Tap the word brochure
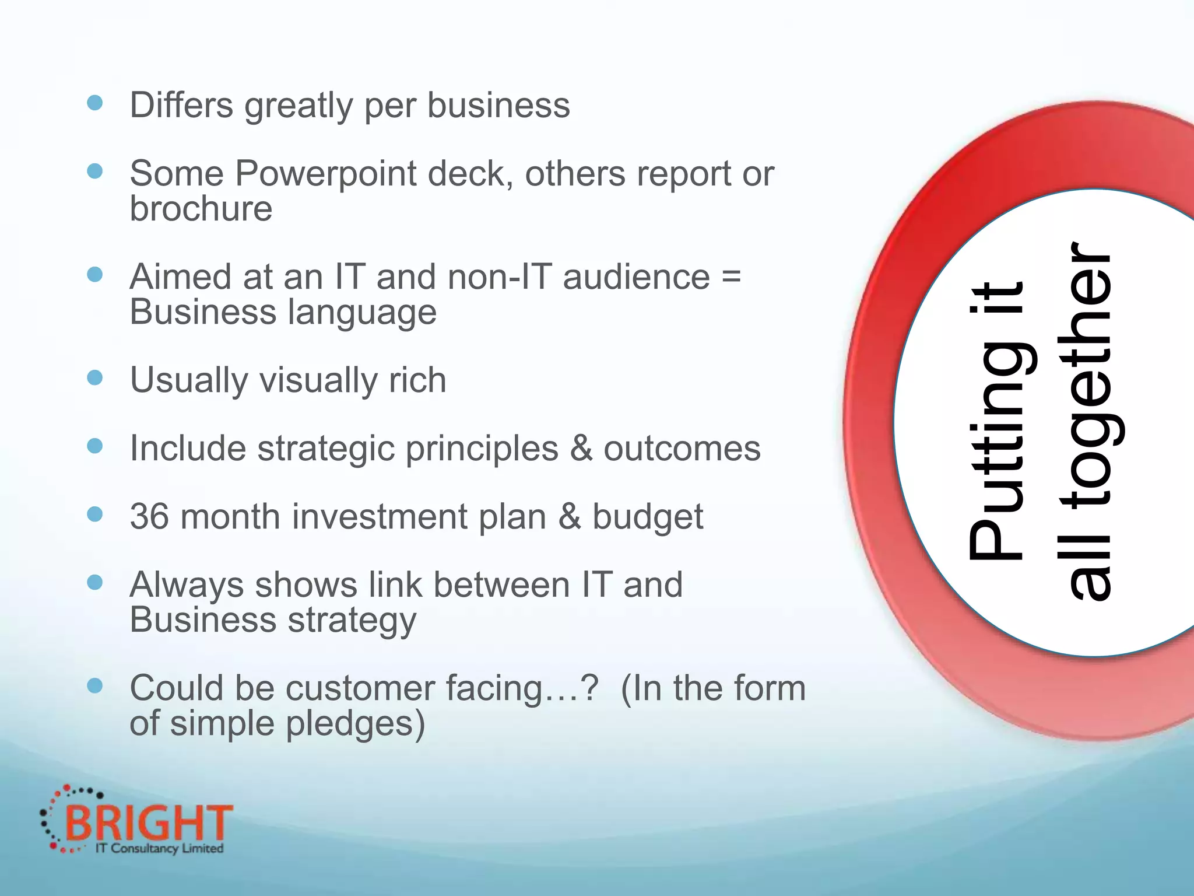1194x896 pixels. (x=201, y=209)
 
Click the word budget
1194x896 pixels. (x=647, y=517)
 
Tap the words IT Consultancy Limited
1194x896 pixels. (x=159, y=848)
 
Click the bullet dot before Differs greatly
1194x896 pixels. (x=94, y=103)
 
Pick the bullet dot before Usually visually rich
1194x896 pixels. (x=94, y=378)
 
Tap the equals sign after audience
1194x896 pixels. (x=731, y=276)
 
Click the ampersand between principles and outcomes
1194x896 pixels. (x=581, y=449)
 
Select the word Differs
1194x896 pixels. (x=181, y=106)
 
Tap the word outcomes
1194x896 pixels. (x=682, y=449)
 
